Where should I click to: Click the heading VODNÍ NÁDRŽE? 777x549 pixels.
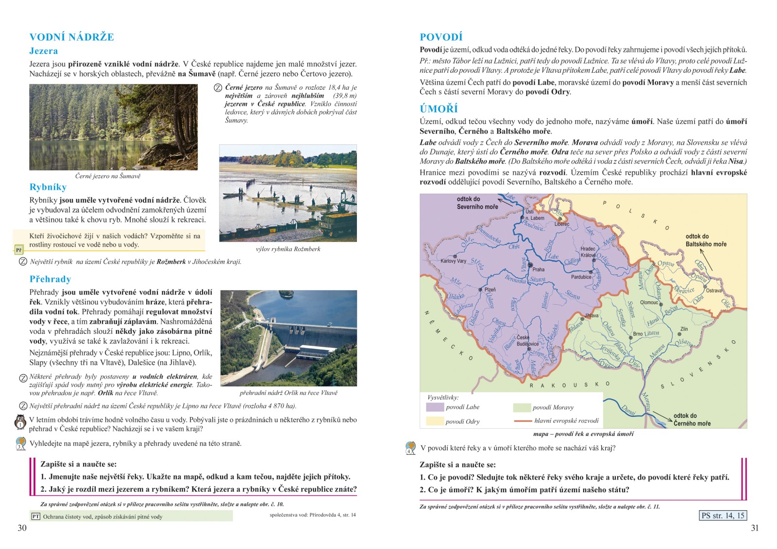coord(71,37)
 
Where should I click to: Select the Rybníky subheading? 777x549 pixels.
coord(48,187)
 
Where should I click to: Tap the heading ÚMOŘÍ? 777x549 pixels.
coord(439,109)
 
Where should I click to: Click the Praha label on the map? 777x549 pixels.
coord(538,269)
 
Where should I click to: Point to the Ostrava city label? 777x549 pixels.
coord(714,291)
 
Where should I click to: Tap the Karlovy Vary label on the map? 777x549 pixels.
coord(453,261)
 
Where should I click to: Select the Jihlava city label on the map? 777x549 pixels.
coord(591,316)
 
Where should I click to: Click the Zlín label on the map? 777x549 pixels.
coord(684,329)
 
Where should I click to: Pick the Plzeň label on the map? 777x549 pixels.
coord(490,290)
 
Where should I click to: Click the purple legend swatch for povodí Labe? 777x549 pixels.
coord(435,407)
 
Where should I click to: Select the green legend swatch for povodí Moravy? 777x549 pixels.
coord(521,407)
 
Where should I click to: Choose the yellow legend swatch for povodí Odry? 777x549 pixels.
coord(435,421)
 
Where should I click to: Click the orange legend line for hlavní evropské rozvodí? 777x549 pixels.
coord(523,421)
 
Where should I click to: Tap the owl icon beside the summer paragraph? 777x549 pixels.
coord(20,422)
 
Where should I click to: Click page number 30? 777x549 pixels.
coord(22,528)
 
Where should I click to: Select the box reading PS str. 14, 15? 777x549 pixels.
coord(723,516)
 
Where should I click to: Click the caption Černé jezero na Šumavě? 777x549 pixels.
coord(108,176)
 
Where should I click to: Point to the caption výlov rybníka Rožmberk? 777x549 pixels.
coord(288,249)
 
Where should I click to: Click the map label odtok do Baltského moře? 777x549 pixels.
coord(706,240)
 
